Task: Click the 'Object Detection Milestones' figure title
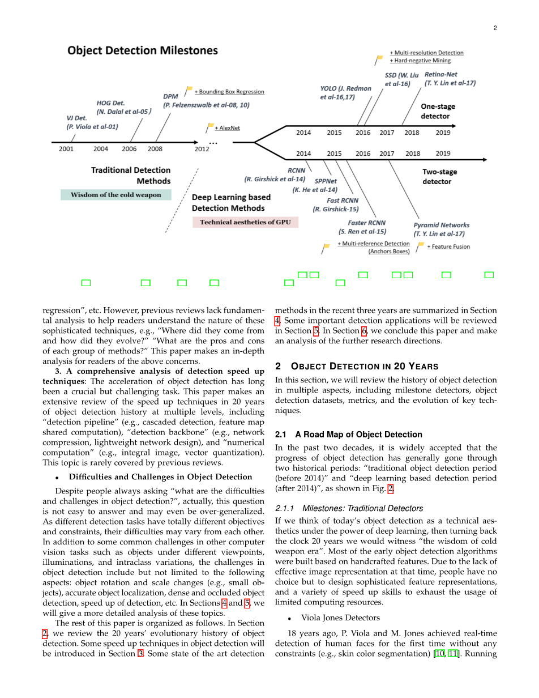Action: point(142,50)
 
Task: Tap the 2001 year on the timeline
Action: point(66,149)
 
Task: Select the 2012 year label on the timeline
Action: point(202,149)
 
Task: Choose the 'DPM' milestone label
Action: point(170,96)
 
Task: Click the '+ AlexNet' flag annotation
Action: point(227,128)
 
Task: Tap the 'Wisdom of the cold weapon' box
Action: point(115,195)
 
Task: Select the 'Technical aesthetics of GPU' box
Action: point(245,222)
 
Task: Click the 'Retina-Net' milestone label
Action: point(440,74)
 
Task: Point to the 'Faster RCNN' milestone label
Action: point(366,223)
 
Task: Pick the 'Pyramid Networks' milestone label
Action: point(441,225)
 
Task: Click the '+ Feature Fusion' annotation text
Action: point(448,246)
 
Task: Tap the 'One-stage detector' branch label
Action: point(438,111)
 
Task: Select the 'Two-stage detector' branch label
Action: point(439,177)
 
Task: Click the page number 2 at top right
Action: point(495,28)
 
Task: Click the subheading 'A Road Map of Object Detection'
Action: point(358,435)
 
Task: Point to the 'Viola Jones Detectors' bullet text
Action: point(340,618)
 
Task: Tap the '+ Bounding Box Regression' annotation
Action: point(229,92)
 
